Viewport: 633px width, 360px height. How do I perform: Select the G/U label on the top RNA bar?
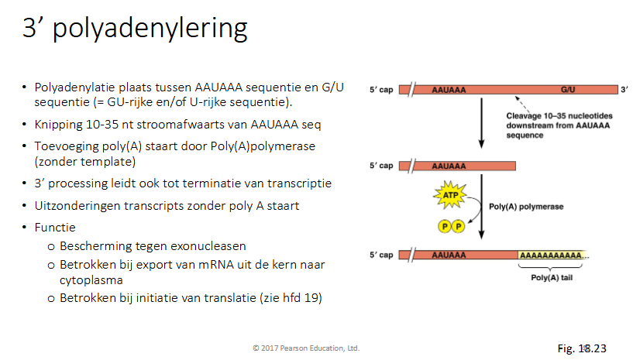pyautogui.click(x=569, y=90)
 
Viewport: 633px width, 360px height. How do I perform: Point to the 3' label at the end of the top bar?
pyautogui.click(x=624, y=90)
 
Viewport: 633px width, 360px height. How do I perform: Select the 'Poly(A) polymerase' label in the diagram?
pyautogui.click(x=526, y=207)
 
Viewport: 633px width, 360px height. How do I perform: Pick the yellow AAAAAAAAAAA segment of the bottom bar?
pyautogui.click(x=552, y=254)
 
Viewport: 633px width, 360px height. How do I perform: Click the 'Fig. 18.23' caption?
pyautogui.click(x=582, y=348)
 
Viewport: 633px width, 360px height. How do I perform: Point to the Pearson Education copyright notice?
pyautogui.click(x=305, y=348)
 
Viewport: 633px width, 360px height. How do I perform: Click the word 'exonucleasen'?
pyautogui.click(x=210, y=246)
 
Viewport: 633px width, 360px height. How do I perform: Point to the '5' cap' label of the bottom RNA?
pyautogui.click(x=382, y=254)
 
